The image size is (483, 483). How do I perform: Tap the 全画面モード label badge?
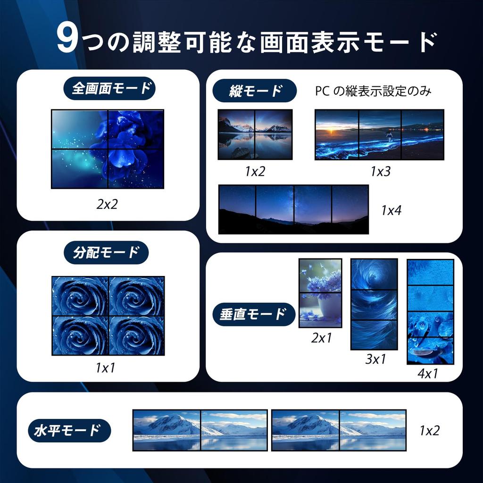(109, 88)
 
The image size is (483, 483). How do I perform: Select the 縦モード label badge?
(254, 91)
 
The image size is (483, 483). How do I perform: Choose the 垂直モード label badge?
(253, 314)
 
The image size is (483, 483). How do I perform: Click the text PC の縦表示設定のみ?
(373, 92)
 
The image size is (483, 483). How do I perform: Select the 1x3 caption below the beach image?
(380, 172)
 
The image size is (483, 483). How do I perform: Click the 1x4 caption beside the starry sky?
(391, 210)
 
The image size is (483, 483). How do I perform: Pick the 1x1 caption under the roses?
(106, 367)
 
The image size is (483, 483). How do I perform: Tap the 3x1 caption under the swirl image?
(375, 359)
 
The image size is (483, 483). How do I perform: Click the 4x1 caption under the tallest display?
(428, 374)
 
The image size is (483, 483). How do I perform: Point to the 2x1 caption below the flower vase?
(321, 338)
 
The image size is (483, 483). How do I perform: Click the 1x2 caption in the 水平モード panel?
(429, 430)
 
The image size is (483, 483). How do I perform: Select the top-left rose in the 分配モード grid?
(80, 296)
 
